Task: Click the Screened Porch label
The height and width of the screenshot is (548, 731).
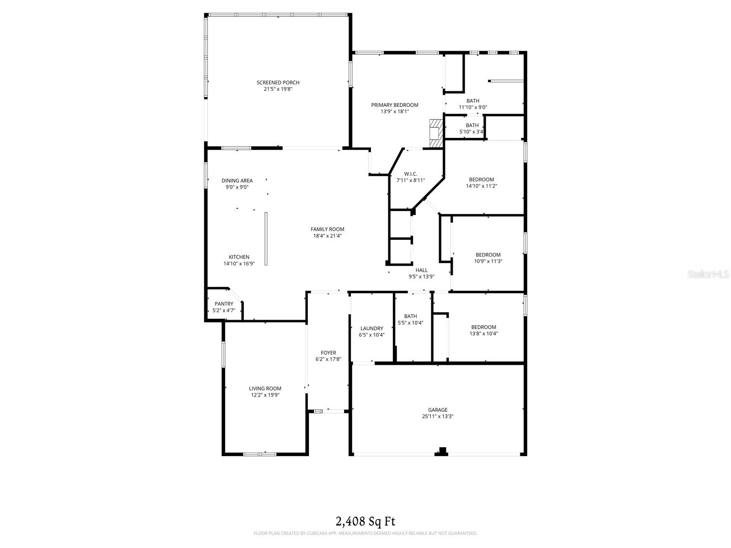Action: [x=278, y=83]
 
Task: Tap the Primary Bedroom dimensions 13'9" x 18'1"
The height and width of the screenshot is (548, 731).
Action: [x=394, y=111]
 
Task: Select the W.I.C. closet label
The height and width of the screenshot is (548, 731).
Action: [x=410, y=174]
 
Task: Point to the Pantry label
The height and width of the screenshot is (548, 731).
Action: [x=224, y=304]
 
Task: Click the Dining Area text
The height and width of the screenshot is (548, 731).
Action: [x=237, y=180]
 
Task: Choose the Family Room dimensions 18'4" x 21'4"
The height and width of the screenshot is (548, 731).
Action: [x=327, y=236]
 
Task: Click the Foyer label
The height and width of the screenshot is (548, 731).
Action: [x=328, y=353]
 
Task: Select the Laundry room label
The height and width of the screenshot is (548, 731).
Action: [x=371, y=328]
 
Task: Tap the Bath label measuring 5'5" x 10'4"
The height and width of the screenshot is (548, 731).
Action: [x=410, y=316]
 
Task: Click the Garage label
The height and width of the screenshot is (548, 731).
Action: [x=438, y=410]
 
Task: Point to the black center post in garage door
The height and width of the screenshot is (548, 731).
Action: [x=442, y=451]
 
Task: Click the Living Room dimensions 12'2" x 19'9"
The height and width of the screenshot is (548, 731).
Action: [x=265, y=395]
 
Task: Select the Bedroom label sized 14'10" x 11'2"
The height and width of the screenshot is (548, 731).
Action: [x=481, y=179]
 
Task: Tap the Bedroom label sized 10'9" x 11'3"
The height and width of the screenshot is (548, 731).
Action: [x=488, y=255]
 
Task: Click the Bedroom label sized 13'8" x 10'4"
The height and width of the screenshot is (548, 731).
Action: [x=483, y=327]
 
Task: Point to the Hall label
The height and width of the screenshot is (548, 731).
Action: [x=421, y=270]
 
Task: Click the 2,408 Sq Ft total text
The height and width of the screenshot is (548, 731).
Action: [x=365, y=521]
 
